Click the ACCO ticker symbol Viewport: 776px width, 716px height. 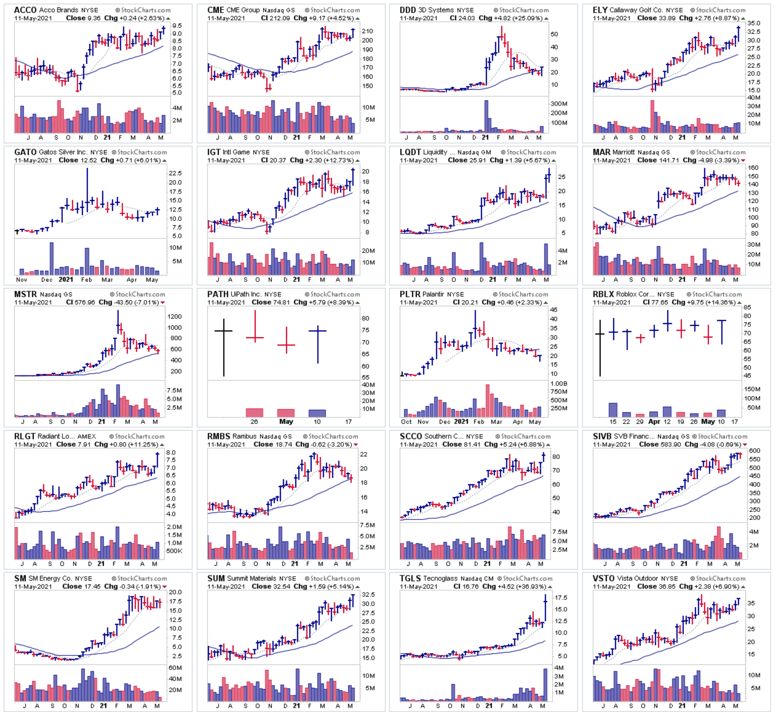pos(25,10)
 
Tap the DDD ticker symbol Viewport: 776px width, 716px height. pos(407,10)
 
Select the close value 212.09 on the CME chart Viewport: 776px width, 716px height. pos(281,18)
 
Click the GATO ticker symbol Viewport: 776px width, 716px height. pos(25,152)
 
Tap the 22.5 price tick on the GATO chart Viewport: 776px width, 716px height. pos(175,173)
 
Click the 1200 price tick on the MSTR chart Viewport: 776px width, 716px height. pos(174,316)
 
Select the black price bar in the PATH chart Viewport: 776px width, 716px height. pos(224,347)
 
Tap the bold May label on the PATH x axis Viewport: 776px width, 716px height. pos(286,422)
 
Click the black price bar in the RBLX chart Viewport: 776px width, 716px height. pos(600,348)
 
